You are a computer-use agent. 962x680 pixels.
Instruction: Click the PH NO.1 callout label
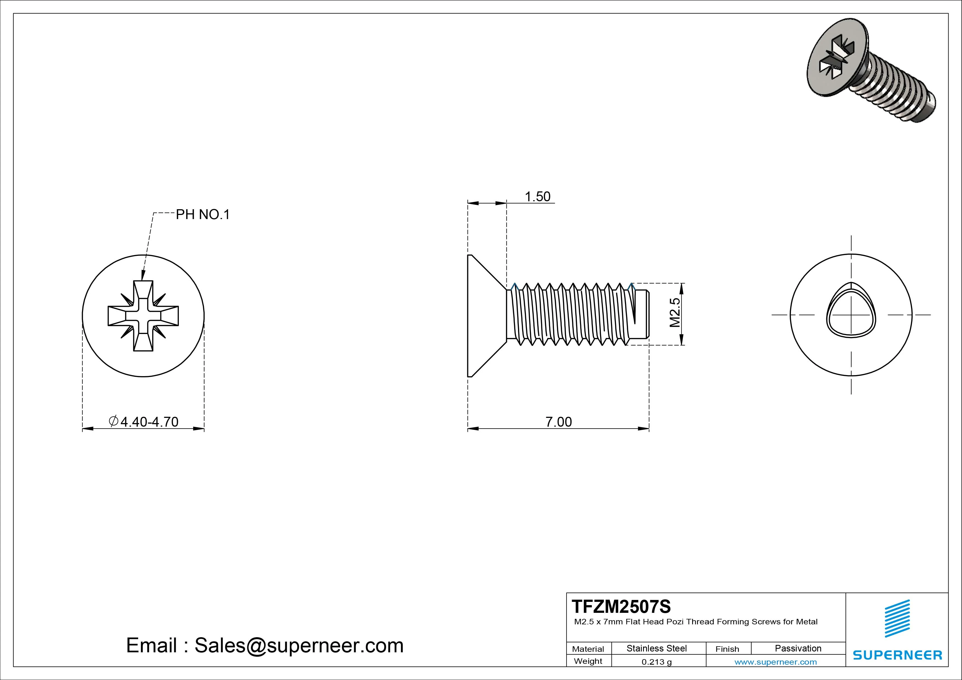(203, 214)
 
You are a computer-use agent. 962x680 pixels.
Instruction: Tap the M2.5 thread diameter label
(675, 313)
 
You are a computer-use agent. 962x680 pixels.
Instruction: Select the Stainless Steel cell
(656, 648)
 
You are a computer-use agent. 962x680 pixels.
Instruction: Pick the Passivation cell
(798, 648)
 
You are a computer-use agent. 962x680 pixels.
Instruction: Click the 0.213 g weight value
(656, 662)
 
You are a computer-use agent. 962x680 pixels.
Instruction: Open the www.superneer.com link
(775, 662)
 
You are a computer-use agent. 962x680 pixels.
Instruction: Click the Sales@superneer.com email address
(299, 645)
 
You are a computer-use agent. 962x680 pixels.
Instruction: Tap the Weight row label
(588, 661)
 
